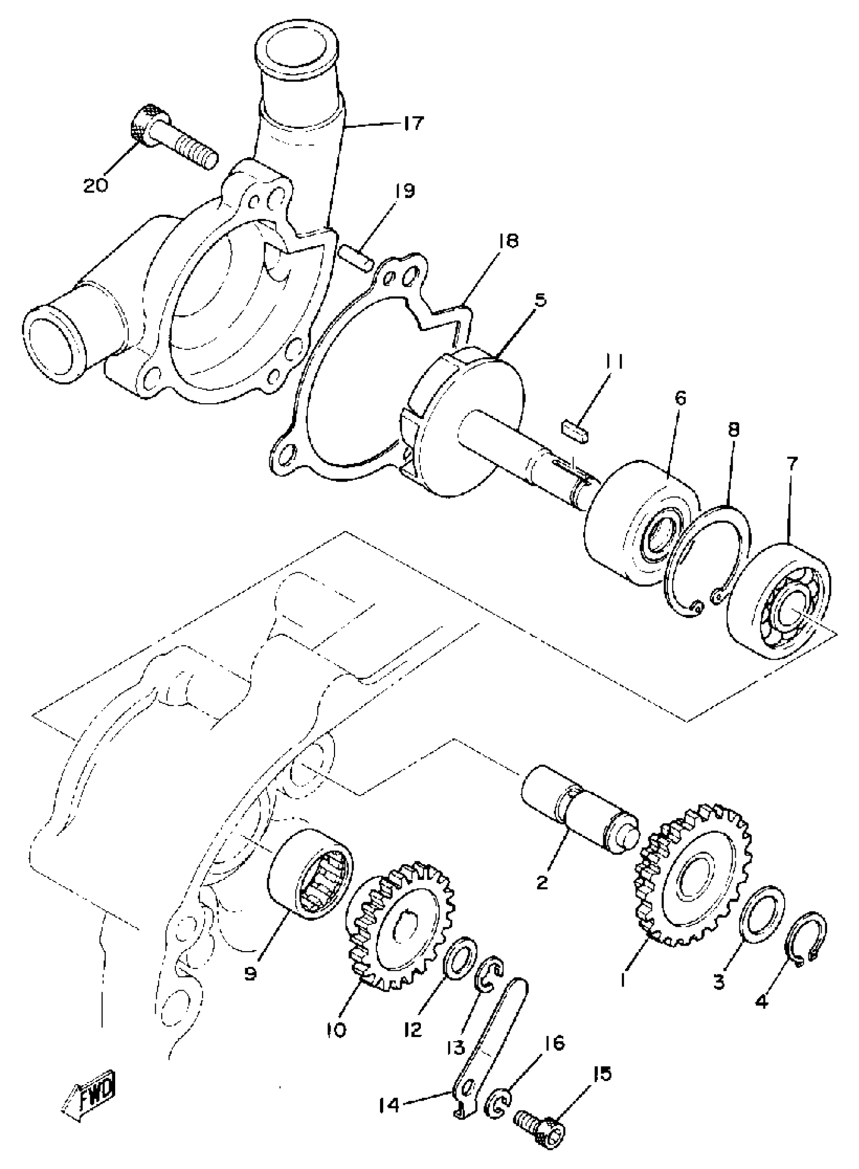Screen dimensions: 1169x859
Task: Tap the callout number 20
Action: pyautogui.click(x=96, y=184)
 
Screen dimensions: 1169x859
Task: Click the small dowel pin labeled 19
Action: pyautogui.click(x=356, y=258)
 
